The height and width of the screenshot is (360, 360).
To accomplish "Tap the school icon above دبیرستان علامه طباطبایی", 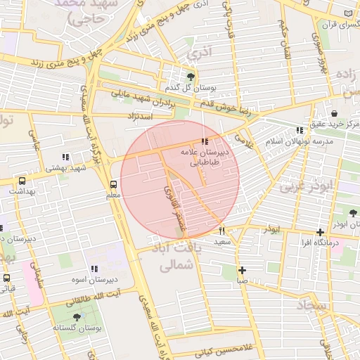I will pyautogui.click(x=205, y=141).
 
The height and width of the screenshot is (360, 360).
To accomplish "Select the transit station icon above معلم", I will pyautogui.click(x=113, y=184).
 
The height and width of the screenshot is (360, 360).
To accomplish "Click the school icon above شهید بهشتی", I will pyautogui.click(x=65, y=157).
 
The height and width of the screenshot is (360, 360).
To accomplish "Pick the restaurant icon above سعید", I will pyautogui.click(x=222, y=231).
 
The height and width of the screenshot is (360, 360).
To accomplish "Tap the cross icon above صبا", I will pyautogui.click(x=242, y=270).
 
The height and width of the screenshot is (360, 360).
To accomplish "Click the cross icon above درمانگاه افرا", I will pyautogui.click(x=320, y=232).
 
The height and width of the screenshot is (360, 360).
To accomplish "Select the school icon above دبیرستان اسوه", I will pyautogui.click(x=94, y=269).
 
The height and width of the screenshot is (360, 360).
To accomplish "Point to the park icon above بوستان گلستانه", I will pyautogui.click(x=77, y=317).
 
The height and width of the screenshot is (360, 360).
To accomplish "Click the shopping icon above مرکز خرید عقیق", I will pyautogui.click(x=333, y=113).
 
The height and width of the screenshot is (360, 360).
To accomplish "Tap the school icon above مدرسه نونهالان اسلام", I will pyautogui.click(x=300, y=130).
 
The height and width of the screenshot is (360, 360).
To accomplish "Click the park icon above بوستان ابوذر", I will pyautogui.click(x=352, y=212).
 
